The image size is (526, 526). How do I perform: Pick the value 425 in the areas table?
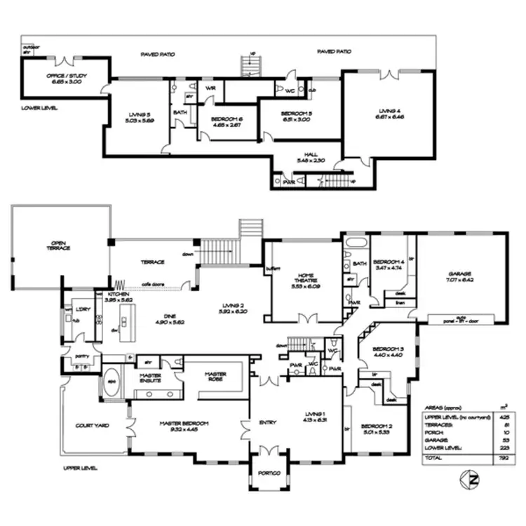click(502, 417)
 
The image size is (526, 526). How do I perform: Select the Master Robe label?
click(215, 377)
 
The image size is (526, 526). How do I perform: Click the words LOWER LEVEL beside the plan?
click(39, 108)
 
